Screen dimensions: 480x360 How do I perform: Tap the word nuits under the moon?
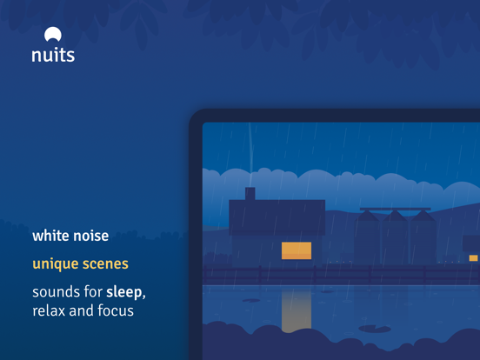click(x=53, y=55)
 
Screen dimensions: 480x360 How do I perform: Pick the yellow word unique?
click(x=56, y=264)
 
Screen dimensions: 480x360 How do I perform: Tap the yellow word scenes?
click(x=105, y=264)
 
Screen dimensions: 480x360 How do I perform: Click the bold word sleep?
click(x=124, y=293)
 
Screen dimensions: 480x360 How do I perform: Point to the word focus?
click(x=116, y=310)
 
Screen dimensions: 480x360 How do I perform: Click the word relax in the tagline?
click(x=49, y=310)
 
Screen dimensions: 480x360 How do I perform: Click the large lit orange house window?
click(x=297, y=250)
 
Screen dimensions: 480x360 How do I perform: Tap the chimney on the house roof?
click(x=250, y=194)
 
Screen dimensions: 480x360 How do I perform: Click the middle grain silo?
click(x=395, y=237)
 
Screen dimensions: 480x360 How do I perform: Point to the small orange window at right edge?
click(x=473, y=258)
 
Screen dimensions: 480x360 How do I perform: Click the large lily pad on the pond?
click(x=375, y=329)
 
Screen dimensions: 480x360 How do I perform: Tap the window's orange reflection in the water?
click(x=297, y=310)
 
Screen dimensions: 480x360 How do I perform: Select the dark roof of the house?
click(x=277, y=217)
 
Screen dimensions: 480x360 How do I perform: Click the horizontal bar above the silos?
click(x=395, y=209)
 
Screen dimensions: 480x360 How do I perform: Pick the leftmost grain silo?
click(x=367, y=237)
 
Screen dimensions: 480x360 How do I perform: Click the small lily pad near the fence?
click(x=251, y=301)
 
